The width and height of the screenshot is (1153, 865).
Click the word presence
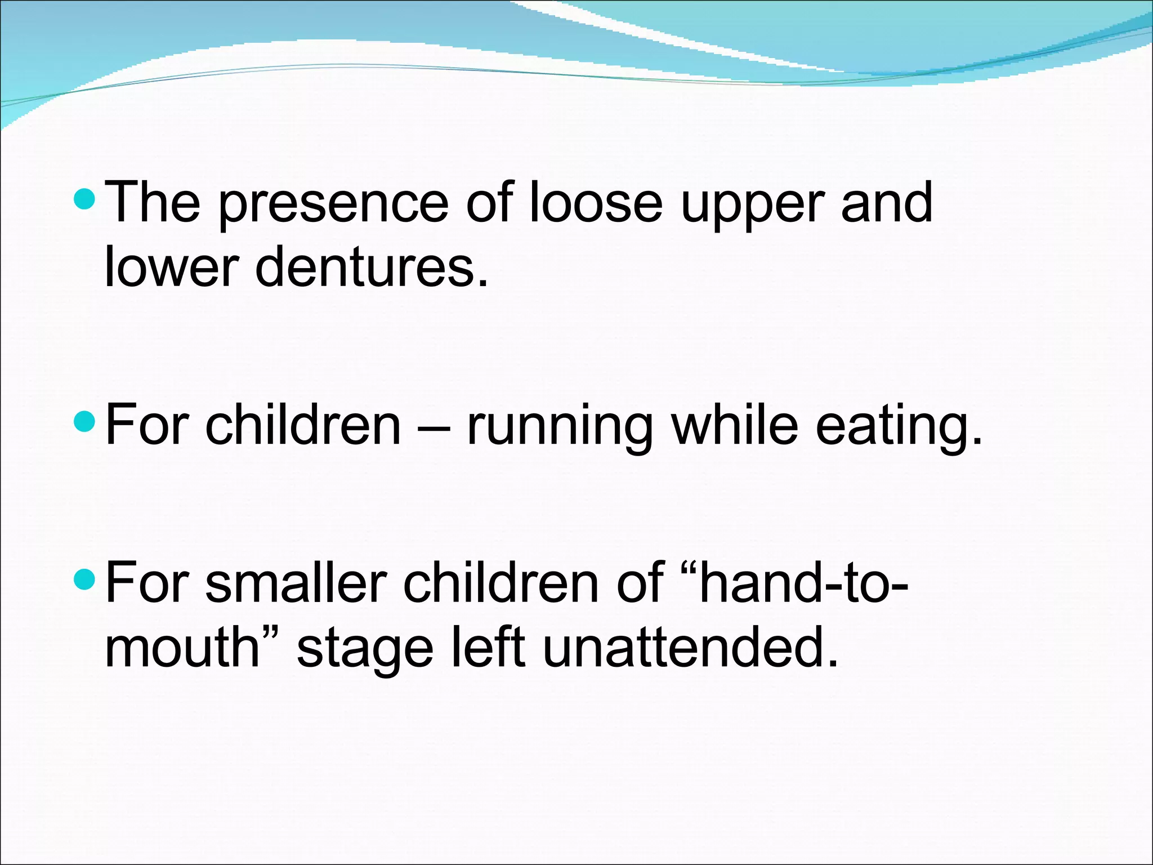(333, 204)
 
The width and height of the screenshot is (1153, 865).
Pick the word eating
(899, 426)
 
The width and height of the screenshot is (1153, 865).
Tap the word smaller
(295, 583)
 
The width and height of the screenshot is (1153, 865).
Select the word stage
(365, 649)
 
